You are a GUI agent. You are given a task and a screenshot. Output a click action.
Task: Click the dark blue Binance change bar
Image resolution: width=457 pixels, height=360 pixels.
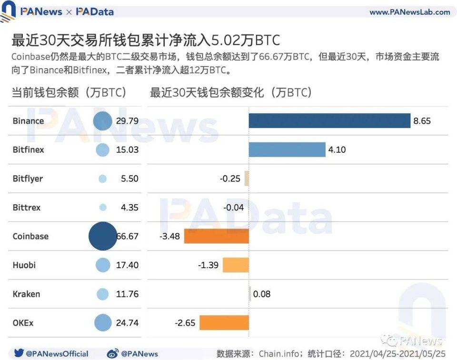point(329,120)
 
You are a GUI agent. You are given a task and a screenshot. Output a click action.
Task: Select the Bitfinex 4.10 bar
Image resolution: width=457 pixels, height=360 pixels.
point(287,150)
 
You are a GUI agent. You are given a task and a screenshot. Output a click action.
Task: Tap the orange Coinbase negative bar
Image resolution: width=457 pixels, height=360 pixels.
point(217,236)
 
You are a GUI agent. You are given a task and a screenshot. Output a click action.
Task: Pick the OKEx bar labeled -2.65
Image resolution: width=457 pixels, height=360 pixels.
point(224,323)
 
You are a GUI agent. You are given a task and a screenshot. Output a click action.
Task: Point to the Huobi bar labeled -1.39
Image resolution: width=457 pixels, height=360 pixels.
point(236,265)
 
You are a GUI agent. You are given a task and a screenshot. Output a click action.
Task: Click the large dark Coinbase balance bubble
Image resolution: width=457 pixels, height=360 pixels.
point(103,236)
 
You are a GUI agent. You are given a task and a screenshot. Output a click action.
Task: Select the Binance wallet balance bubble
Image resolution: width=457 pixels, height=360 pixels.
point(102,121)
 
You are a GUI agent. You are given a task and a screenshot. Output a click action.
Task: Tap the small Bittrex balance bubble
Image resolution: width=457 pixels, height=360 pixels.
point(102,208)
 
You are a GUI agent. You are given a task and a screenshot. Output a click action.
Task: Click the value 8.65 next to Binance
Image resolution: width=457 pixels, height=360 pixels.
point(422,121)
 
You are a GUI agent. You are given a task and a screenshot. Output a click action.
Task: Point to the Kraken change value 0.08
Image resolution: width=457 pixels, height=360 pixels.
point(262,294)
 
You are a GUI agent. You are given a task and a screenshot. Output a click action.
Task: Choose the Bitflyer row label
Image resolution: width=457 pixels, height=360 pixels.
point(28,179)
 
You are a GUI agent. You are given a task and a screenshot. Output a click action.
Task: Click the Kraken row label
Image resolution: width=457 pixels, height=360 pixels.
point(26,294)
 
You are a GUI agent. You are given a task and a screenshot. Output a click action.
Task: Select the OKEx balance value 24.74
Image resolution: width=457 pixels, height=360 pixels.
point(127,323)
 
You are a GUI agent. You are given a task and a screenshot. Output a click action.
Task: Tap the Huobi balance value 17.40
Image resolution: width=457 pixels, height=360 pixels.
point(127,265)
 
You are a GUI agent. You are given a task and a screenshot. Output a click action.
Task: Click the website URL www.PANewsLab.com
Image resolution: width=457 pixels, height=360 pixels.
point(409,12)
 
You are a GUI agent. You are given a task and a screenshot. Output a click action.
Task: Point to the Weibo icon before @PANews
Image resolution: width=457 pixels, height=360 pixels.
point(113,353)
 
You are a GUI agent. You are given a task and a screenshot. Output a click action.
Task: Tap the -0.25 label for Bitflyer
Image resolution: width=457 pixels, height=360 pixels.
point(230,179)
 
